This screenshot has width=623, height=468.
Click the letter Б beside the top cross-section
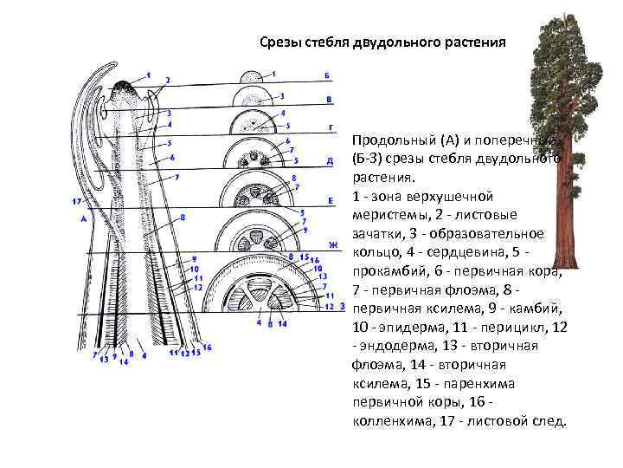(328, 77)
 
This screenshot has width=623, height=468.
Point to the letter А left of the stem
(83, 219)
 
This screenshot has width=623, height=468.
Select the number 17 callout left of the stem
(78, 202)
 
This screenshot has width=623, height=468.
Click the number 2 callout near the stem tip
(167, 80)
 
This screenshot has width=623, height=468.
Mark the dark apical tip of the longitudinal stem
(126, 87)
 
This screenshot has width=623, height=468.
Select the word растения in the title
(473, 41)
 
